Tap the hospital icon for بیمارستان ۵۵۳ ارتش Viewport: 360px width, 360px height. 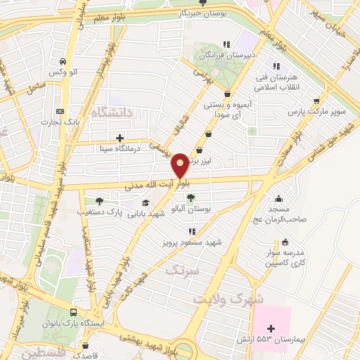point(271,328)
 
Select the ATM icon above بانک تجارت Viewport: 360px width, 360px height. point(60,111)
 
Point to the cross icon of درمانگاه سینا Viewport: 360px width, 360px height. point(120,138)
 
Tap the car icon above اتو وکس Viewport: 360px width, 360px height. point(64,61)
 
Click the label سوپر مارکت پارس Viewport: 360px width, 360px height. point(317,112)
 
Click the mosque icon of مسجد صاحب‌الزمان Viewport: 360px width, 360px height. point(279,198)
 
